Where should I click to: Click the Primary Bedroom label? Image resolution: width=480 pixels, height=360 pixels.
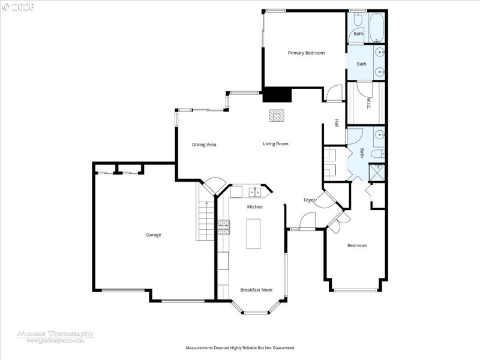point(306,53)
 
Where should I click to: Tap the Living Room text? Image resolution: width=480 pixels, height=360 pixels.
point(275,144)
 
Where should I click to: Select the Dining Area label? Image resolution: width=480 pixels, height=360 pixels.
point(204,145)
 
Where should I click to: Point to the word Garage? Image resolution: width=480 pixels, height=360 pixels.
point(154,235)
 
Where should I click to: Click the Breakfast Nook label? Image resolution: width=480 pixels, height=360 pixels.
point(256,290)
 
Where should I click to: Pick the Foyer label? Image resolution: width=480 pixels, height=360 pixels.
point(309,200)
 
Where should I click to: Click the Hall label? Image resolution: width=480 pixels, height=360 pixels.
point(337,123)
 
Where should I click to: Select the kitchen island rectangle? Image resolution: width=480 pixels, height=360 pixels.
point(254,233)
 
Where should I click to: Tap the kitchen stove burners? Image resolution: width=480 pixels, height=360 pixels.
point(223,227)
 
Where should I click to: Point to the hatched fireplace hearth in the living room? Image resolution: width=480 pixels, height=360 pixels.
point(276,115)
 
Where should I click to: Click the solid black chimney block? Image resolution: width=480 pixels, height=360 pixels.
point(277,95)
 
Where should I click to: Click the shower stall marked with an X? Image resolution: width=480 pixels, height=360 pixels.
point(376,173)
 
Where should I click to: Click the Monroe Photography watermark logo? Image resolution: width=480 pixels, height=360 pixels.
point(55,335)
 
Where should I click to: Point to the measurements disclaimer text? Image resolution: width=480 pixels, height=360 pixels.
point(240,347)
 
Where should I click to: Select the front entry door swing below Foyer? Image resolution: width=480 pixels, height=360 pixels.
point(307,223)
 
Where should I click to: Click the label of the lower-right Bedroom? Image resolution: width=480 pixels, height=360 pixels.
point(357,245)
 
